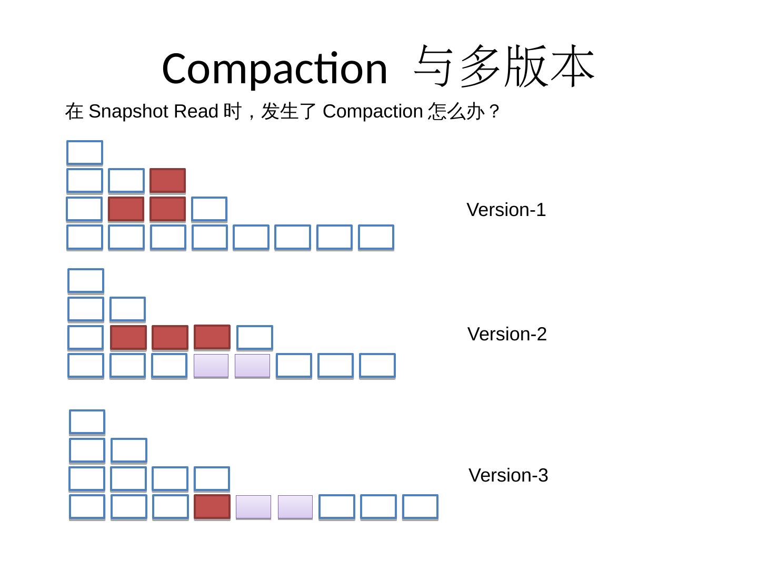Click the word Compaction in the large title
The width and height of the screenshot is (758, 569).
pos(275,68)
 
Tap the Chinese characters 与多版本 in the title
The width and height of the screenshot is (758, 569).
pos(504,67)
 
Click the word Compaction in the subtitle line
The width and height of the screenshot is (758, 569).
pos(373,112)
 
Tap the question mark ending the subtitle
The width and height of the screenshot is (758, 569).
pos(494,112)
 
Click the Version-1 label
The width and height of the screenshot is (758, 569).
pos(506,210)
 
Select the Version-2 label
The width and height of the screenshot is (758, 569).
pos(507,334)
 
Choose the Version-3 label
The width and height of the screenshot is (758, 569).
pos(508,475)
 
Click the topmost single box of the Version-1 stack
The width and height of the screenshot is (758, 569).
pos(85,153)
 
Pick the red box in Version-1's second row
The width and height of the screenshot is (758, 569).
pos(168,181)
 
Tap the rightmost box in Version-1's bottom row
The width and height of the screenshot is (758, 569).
pos(376,237)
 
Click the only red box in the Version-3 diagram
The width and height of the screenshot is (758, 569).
pos(212,507)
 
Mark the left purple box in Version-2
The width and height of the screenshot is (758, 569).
pos(211,366)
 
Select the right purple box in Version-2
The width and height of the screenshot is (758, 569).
pos(252,366)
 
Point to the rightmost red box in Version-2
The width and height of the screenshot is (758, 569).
pos(212,337)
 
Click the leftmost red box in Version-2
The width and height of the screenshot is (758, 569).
pos(128,338)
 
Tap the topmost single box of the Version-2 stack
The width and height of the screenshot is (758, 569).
pos(86,281)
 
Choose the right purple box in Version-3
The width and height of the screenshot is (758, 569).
pos(295,507)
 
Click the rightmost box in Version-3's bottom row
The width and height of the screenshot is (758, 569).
pos(420,507)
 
